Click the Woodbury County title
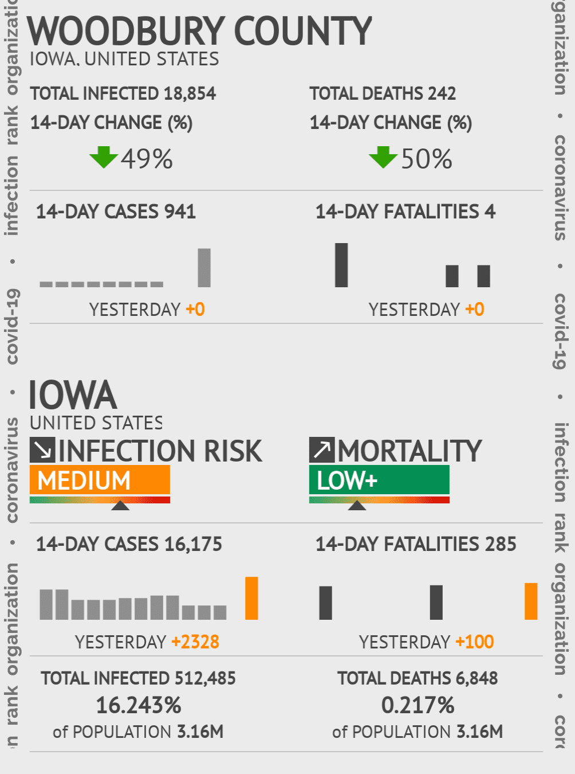pos(199,31)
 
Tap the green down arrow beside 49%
pos(104,157)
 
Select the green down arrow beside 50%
pos(383,157)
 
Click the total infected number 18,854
pos(190,93)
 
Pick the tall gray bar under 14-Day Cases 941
pos(204,268)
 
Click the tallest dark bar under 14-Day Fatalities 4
pos(341,265)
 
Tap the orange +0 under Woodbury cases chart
pos(195,310)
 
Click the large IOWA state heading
pos(73,396)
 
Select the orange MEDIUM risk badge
pos(100,480)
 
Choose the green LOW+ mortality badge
pos(379,480)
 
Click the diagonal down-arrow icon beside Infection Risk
pos(42,450)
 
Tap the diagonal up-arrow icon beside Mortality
pos(322,450)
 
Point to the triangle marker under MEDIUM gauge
pos(120,505)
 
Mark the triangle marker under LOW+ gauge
pos(357,505)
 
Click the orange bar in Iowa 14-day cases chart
pos(251,598)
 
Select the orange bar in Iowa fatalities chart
pos(531,601)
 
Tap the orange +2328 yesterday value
pos(195,642)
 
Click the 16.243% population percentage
pos(139,705)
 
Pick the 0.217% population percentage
pos(418,705)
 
